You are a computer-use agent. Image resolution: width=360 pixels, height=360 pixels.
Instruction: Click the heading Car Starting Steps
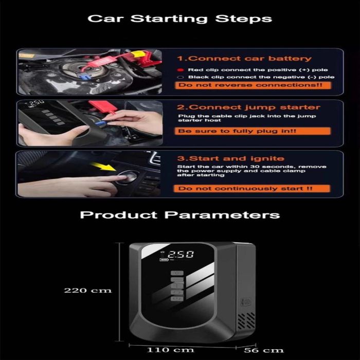[180, 19]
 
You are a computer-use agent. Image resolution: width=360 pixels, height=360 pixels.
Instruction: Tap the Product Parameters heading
[180, 215]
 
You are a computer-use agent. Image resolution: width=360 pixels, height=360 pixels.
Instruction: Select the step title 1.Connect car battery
[244, 58]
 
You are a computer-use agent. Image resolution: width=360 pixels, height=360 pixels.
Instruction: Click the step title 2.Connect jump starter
[248, 107]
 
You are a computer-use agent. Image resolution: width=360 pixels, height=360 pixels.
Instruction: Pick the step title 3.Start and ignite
[231, 158]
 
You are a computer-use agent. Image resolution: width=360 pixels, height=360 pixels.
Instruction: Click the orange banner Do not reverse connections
[253, 85]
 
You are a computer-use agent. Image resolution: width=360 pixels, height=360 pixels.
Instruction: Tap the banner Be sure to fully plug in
[253, 131]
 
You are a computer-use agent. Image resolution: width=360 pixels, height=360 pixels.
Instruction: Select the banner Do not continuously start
[252, 189]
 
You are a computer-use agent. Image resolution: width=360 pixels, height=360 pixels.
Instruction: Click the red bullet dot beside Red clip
[181, 70]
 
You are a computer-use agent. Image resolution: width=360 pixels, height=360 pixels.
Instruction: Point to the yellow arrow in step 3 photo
[103, 167]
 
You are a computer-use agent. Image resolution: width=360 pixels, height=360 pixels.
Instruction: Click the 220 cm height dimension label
[88, 291]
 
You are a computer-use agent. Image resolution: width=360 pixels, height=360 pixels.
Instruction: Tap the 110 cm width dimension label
[170, 350]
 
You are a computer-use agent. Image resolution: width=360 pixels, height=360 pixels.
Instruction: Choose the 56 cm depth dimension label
[263, 350]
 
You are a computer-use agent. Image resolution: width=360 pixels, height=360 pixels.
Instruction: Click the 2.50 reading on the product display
[181, 254]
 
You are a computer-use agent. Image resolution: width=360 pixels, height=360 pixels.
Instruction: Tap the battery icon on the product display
[164, 260]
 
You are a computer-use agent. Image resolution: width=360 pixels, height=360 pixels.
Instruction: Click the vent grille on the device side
[246, 320]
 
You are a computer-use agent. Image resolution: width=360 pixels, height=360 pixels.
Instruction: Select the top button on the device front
[177, 273]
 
